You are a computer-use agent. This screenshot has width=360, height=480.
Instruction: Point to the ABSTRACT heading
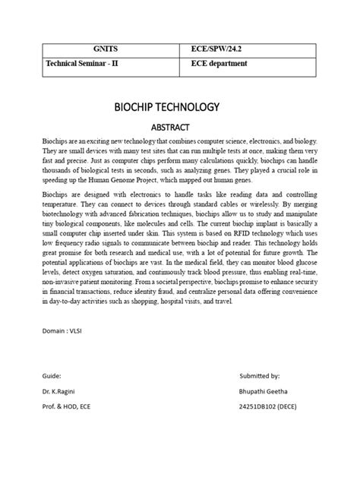tap(179, 128)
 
